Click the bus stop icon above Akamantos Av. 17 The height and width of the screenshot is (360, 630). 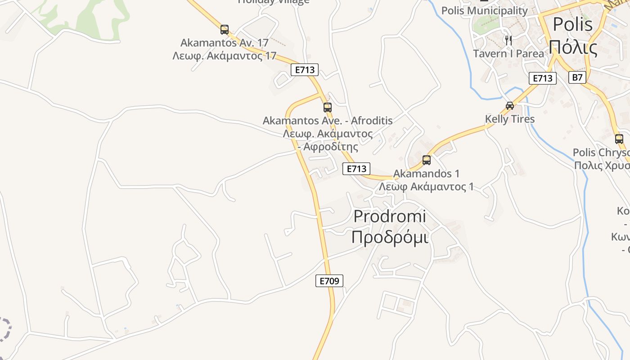coord(225,30)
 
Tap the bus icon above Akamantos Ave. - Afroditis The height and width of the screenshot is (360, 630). coord(328,108)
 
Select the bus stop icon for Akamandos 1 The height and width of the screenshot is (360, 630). coord(427,160)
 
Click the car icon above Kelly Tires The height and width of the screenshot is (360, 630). coord(510,106)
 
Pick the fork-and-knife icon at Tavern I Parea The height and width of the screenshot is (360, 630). coord(508,40)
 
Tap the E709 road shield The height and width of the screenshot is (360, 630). coord(329,281)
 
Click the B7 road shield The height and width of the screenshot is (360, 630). coord(577,77)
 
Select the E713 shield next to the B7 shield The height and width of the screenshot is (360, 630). coord(542,78)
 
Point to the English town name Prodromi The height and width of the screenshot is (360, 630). coord(390,216)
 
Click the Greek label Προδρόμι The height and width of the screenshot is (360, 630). coord(390,237)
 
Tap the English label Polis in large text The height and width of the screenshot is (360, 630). coord(572,24)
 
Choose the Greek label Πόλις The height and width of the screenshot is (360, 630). coord(573,47)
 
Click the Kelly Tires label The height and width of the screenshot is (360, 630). coord(510,119)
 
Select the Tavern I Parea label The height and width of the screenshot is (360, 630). coord(508,54)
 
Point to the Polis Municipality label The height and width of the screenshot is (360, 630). coord(484,10)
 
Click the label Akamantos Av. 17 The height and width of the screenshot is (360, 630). coord(225,43)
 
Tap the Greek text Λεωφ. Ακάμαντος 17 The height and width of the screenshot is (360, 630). coord(225,56)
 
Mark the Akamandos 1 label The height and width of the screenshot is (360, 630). coord(427,173)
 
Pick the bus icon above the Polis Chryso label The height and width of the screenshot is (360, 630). coord(619,139)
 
